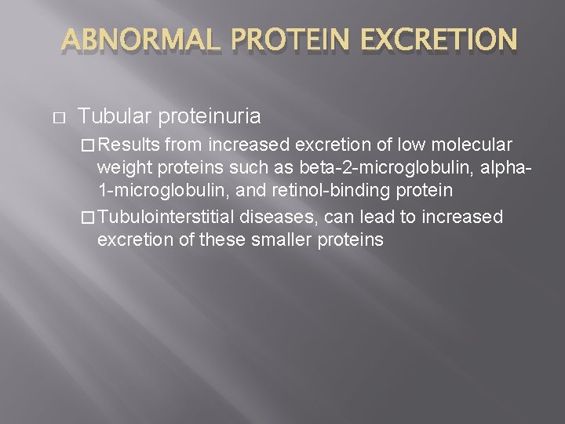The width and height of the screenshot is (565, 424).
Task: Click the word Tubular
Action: click(115, 116)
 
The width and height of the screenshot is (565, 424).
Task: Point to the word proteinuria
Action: click(210, 116)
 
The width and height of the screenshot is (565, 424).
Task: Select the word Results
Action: click(129, 145)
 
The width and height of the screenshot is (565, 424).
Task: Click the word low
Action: click(408, 145)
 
